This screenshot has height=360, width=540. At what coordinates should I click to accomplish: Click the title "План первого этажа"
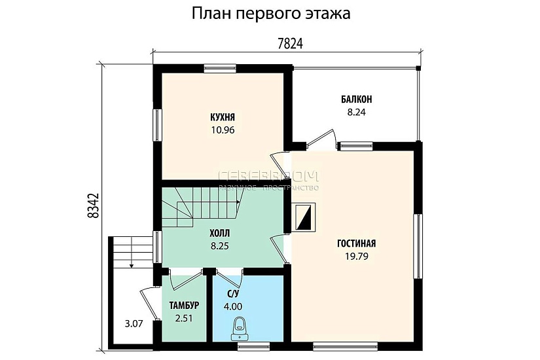pos(270,14)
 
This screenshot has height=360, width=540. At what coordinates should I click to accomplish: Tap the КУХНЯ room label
pos(223,118)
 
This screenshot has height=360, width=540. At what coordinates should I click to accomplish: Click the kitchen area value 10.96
pos(223,130)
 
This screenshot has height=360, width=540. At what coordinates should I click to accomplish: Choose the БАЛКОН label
pos(356,99)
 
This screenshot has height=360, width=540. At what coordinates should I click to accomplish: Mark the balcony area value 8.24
pos(356,112)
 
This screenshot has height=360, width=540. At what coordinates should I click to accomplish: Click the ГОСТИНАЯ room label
pos(356,243)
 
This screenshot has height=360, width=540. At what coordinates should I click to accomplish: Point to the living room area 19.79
pos(356,256)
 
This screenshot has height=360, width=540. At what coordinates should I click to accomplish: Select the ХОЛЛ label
pos(219,233)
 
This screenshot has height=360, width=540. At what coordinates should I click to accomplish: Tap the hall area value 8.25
pos(219,246)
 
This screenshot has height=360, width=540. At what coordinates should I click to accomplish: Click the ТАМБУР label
pos(184,306)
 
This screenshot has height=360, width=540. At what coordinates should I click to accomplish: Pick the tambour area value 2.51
pos(184,319)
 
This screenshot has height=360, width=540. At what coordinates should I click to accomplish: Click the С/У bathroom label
pos(232,295)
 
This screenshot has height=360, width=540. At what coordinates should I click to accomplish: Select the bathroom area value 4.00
pos(232,306)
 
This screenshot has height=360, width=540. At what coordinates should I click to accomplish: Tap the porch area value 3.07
pos(134,323)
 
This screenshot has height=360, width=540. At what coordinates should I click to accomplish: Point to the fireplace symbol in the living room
pos(304,217)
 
